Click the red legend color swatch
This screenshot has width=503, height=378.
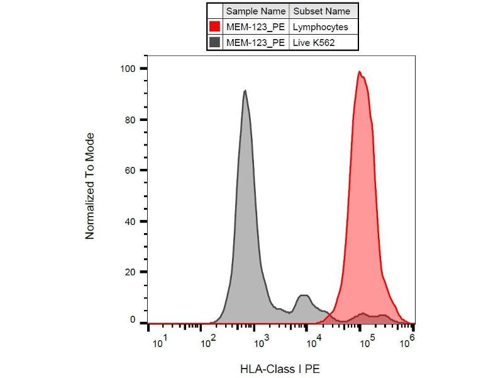215,27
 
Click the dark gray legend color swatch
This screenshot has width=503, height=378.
215,43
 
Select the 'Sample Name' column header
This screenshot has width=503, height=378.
256,11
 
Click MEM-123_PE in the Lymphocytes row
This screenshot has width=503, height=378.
256,27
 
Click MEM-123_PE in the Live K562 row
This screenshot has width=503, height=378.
256,43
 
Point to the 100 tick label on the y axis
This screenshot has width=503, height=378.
129,68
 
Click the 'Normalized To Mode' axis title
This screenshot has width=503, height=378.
90,186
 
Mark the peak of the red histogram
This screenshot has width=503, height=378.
360,71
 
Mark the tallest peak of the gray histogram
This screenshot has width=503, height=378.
245,90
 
